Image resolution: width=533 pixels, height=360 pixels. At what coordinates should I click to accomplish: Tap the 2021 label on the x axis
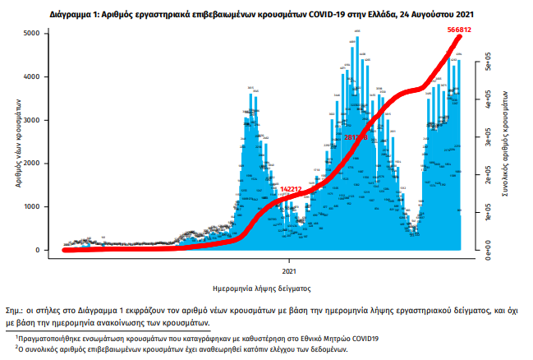click(288, 270)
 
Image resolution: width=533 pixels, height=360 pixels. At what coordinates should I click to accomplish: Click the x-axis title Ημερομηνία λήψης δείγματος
click(261, 288)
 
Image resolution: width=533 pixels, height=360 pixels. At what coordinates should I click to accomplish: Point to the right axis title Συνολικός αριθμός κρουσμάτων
click(508, 141)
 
